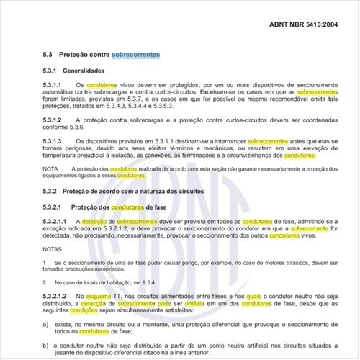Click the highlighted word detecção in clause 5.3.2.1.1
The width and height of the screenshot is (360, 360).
(x=98, y=222)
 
